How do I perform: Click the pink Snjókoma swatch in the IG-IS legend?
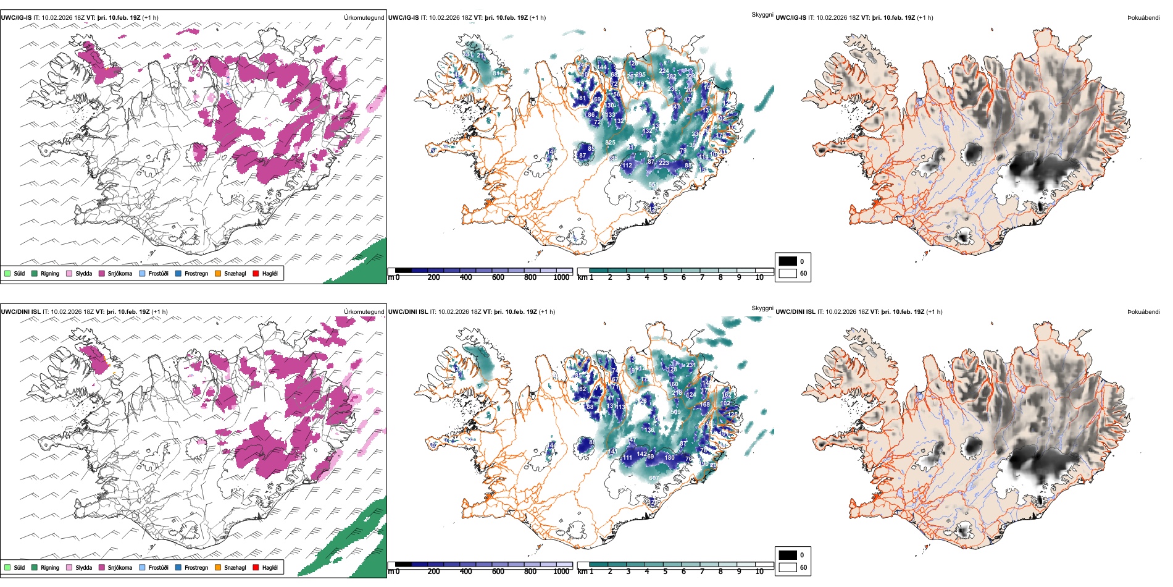[102, 273]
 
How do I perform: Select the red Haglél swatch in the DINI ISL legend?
[256, 567]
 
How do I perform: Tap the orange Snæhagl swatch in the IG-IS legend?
[218, 273]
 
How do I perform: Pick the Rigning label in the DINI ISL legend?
[50, 567]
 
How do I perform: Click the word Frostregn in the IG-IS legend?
[196, 273]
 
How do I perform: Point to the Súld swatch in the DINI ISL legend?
[7, 567]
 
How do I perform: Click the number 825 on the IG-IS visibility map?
[610, 143]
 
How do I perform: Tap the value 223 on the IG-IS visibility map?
[664, 163]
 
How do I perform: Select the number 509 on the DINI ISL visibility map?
[675, 412]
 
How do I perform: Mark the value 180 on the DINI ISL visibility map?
[669, 458]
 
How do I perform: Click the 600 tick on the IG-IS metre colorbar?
[498, 277]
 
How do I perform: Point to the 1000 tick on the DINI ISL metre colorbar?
[561, 572]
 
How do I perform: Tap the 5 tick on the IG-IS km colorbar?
[666, 277]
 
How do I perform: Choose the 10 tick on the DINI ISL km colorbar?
[759, 572]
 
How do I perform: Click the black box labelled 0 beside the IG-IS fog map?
[788, 261]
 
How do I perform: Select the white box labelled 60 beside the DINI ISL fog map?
[788, 567]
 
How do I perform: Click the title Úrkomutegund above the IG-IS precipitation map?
[364, 18]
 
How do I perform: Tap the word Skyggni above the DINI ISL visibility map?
[762, 308]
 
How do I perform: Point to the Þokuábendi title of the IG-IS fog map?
[1143, 18]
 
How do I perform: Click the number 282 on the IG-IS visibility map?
[671, 77]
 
